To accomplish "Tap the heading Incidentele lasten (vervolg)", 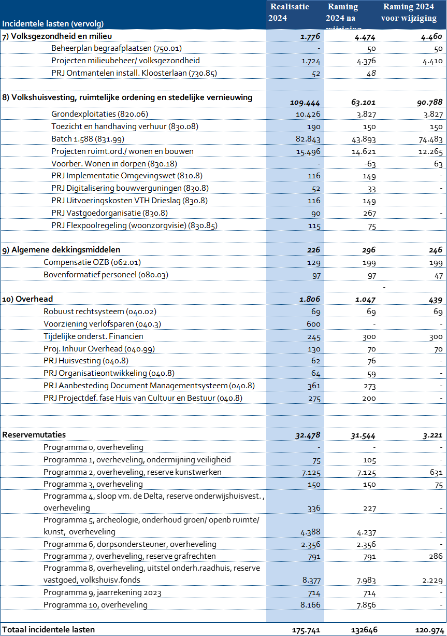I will pyautogui.click(x=53, y=23).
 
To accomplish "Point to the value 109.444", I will pyautogui.click(x=305, y=103).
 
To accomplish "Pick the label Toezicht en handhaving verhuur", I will pyautogui.click(x=125, y=126).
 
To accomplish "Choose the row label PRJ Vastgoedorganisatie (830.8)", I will pyautogui.click(x=109, y=213).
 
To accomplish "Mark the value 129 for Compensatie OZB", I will pyautogui.click(x=313, y=263).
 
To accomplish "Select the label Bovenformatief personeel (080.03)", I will pyautogui.click(x=106, y=275).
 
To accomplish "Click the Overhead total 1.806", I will pyautogui.click(x=309, y=299).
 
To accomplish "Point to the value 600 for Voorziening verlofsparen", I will pyautogui.click(x=313, y=324).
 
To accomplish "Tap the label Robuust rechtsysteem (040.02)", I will pyautogui.click(x=100, y=312).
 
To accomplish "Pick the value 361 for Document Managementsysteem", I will pyautogui.click(x=313, y=386).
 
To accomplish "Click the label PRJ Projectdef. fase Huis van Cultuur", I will pyautogui.click(x=143, y=398).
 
